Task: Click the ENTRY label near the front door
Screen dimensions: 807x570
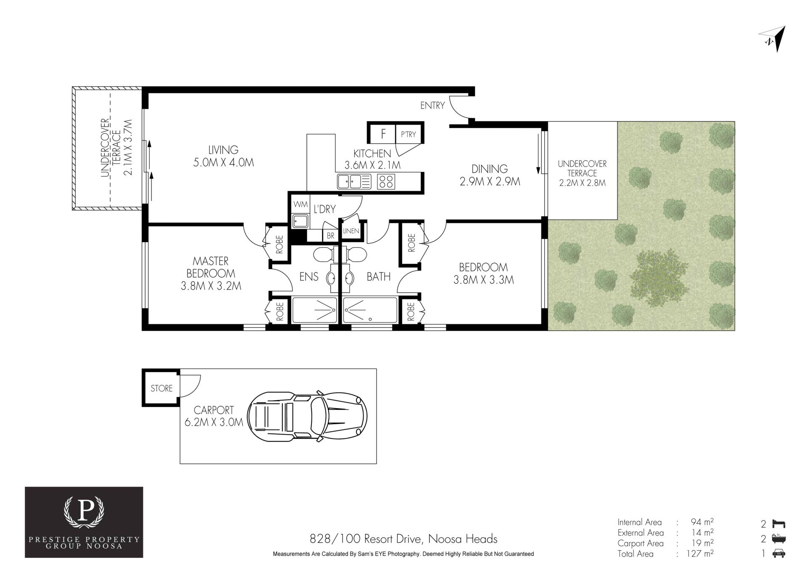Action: tap(433, 106)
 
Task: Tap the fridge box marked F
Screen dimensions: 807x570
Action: tap(383, 134)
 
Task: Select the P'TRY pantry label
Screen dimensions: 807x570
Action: tap(408, 135)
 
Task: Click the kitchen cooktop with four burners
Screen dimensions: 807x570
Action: tap(386, 182)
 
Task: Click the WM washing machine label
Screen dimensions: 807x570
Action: tap(301, 204)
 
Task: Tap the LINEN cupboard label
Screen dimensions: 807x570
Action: tap(351, 231)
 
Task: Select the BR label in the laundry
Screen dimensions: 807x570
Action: tap(331, 236)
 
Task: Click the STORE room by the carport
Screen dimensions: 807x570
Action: tap(161, 388)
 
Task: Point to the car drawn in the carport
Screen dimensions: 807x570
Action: tap(308, 416)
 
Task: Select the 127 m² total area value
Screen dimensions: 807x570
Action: tap(702, 554)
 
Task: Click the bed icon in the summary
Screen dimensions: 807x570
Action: tap(779, 524)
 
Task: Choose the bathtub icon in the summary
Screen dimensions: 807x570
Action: tap(779, 539)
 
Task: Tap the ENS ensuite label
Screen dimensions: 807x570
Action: tap(309, 277)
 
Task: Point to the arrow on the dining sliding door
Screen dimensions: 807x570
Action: tap(538, 153)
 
